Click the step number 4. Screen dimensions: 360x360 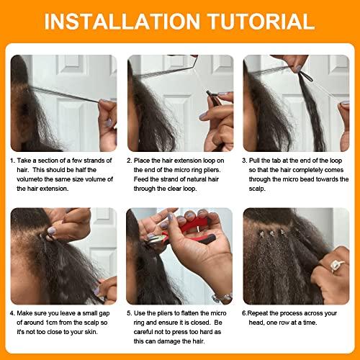(x=12, y=314)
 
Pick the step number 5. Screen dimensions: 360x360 (x=129, y=314)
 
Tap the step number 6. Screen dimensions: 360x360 (x=245, y=314)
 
